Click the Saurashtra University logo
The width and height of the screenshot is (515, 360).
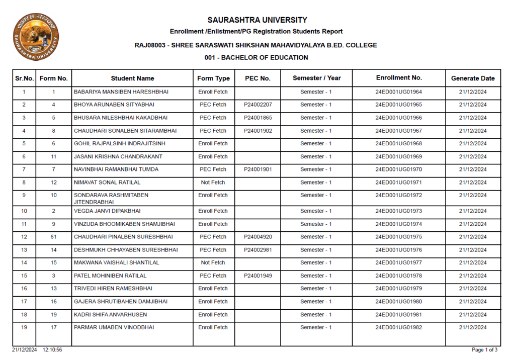36,37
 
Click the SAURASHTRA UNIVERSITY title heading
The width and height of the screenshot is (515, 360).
257,20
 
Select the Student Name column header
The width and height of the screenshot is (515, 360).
132,78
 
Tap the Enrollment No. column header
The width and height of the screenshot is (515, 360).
399,78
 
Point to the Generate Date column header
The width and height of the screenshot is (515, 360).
473,78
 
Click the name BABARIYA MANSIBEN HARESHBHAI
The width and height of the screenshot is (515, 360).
121,92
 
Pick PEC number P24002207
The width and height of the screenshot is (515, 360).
258,105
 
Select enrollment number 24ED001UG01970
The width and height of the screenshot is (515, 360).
399,169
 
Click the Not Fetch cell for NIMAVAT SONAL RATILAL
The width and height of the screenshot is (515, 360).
213,183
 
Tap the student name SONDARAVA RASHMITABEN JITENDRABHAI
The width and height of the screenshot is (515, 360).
111,198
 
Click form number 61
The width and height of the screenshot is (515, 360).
54,237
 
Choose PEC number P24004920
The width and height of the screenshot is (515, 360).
258,237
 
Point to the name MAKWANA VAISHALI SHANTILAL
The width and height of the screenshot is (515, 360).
116,262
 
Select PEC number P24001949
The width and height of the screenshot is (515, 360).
258,276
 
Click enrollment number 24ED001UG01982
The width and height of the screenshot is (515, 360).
399,327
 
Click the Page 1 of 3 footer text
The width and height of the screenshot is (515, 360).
485,350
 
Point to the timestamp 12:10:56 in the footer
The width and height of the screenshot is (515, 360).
53,350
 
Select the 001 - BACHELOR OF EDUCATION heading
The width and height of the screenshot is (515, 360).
256,58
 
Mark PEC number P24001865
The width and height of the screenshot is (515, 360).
258,118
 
